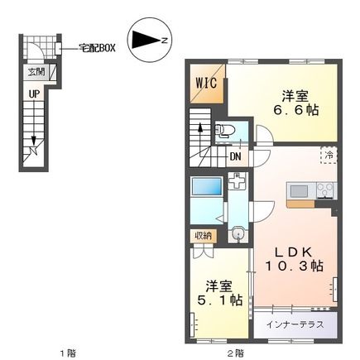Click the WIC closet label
tap(206, 83)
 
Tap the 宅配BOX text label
tap(97, 48)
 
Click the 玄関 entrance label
tap(36, 72)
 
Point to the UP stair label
tap(35, 94)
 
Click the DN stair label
tap(235, 157)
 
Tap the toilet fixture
tap(224, 130)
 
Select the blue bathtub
tap(207, 187)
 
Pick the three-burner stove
tap(325, 190)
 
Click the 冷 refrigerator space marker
tap(329, 155)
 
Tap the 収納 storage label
tap(204, 236)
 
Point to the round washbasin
tap(237, 235)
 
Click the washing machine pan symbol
tap(237, 181)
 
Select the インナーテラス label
tap(295, 324)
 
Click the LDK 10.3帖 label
tap(294, 259)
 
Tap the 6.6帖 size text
tap(295, 110)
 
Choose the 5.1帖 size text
tap(220, 300)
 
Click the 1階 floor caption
tap(68, 353)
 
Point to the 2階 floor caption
tap(236, 353)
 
